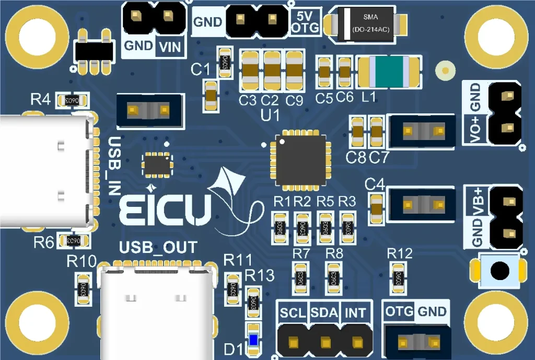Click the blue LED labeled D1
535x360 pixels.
click(253, 340)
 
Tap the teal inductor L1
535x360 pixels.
click(388, 73)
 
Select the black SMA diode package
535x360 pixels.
click(365, 24)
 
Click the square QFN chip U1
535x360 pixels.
click(300, 161)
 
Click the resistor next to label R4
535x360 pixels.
click(72, 100)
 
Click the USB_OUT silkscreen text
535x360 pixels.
click(159, 247)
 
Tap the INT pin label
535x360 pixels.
click(356, 313)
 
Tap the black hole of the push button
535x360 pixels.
click(500, 271)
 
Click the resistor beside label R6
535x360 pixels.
click(72, 241)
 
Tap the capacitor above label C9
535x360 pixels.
click(295, 71)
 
